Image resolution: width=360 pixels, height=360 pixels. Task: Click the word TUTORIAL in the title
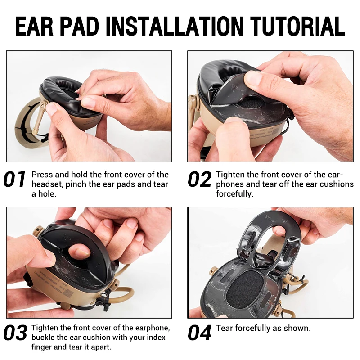pyautogui.click(x=297, y=26)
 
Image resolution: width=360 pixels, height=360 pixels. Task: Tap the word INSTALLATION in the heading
pyautogui.click(x=175, y=26)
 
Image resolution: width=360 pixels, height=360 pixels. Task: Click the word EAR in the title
pyautogui.click(x=34, y=26)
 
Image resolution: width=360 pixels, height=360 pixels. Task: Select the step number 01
pyautogui.click(x=14, y=179)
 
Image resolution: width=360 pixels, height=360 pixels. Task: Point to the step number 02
pyautogui.click(x=199, y=179)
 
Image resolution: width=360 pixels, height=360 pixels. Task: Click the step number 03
pyautogui.click(x=15, y=333)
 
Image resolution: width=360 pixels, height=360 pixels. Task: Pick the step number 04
pyautogui.click(x=199, y=333)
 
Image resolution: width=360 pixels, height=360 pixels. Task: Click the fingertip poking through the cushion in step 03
pyautogui.click(x=80, y=250)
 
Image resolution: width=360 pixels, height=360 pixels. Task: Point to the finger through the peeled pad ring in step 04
pyautogui.click(x=279, y=229)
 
